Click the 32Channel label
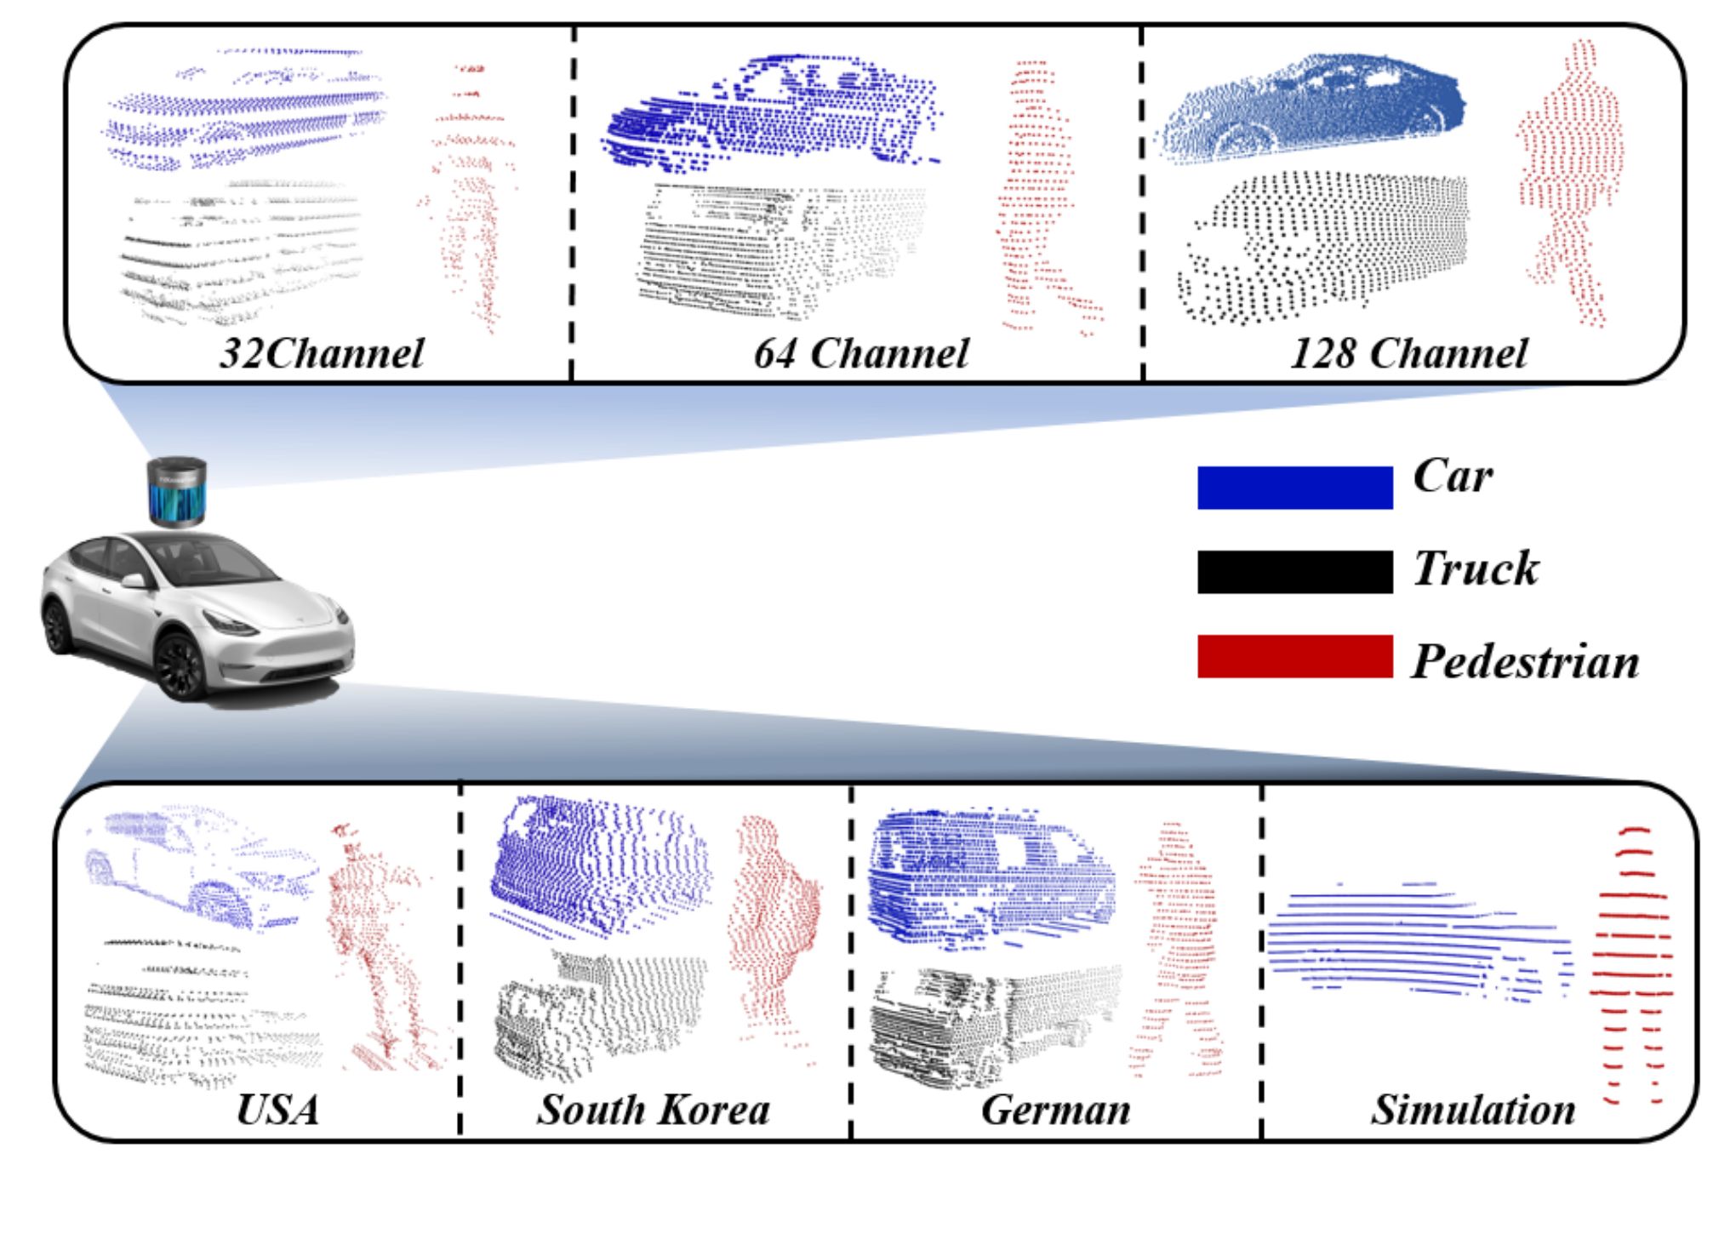click(322, 353)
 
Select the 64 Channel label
click(861, 353)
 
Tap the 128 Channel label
click(1409, 353)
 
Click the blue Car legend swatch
click(1295, 488)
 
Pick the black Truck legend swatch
click(1295, 571)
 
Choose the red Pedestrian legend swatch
click(1295, 656)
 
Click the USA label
click(277, 1110)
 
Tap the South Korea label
click(654, 1110)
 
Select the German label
click(1056, 1110)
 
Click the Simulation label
click(1473, 1110)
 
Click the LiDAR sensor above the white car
click(177, 493)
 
